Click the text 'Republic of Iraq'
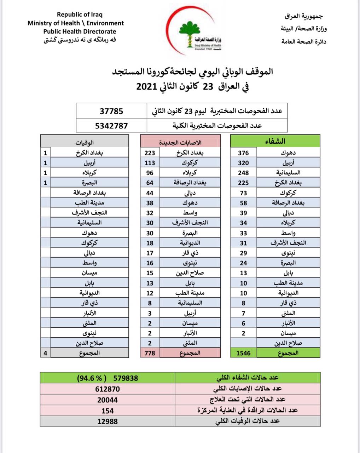pos(80,15)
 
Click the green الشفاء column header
pos(275,142)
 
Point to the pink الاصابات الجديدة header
pos(180,142)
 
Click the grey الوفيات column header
pos(85,142)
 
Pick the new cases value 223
pos(150,153)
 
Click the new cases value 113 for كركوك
pos(150,163)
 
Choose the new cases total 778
pos(150,353)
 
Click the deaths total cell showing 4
pos(45,353)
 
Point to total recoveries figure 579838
pos(126,378)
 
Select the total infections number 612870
pos(108,389)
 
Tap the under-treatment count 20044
pos(108,400)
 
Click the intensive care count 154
pos(108,411)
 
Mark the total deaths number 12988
pos(108,422)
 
